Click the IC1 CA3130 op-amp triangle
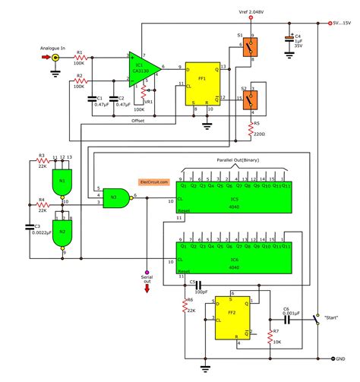point(143,66)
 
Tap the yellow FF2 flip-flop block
point(233,313)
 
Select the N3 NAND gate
point(117,198)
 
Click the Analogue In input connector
point(55,57)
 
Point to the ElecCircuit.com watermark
point(154,182)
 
